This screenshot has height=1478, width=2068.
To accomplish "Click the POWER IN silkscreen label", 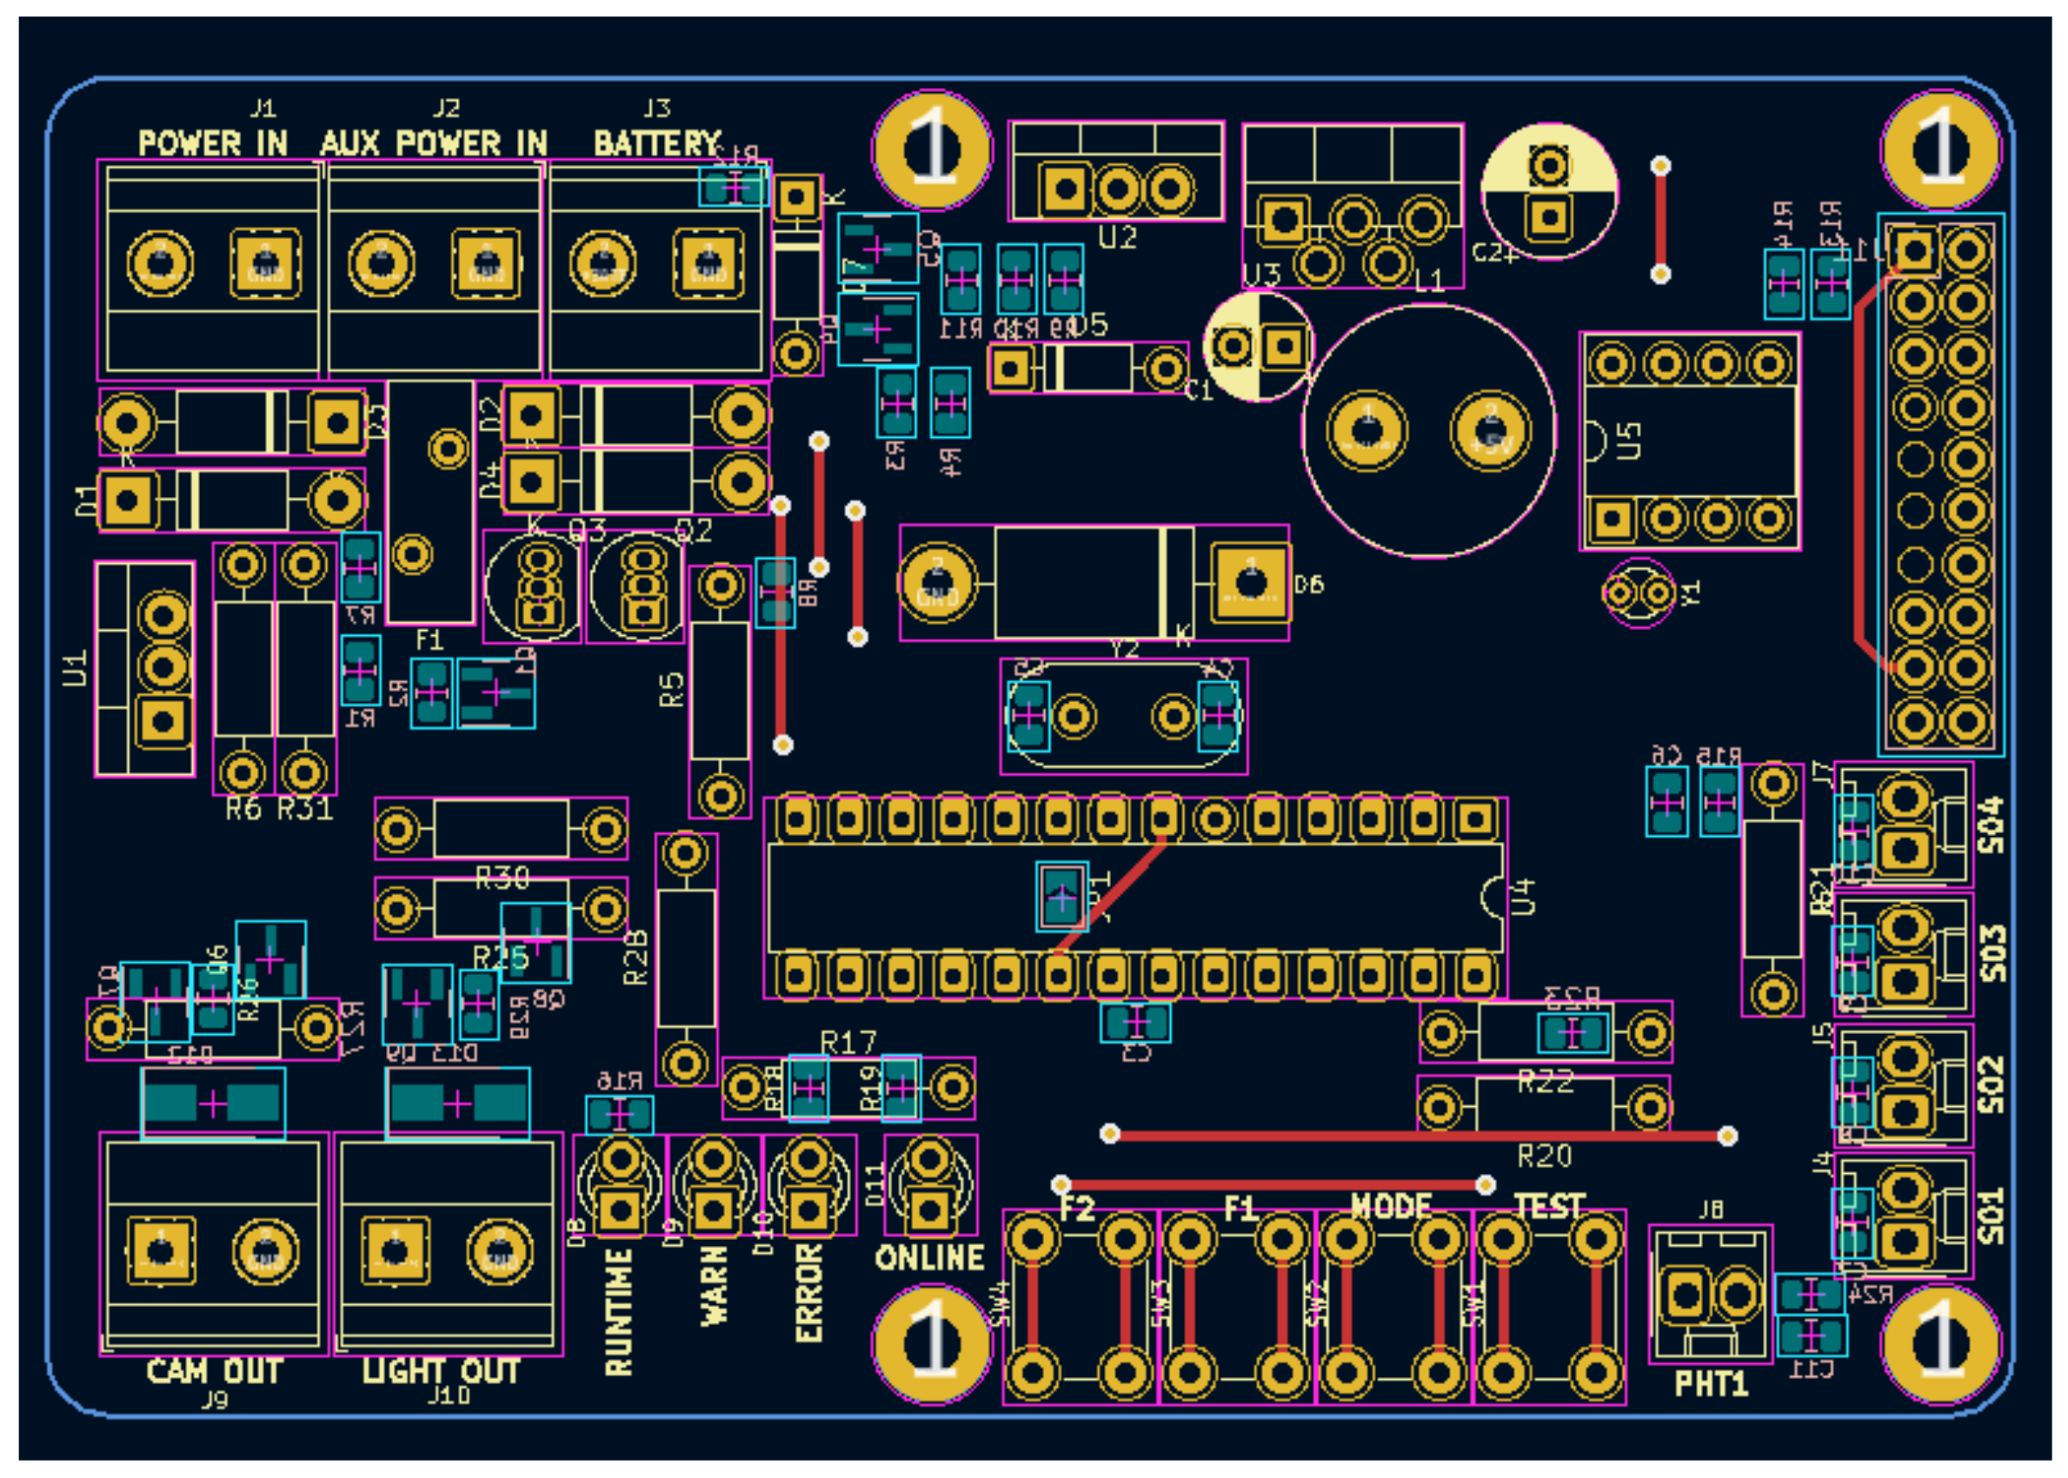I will point(212,142).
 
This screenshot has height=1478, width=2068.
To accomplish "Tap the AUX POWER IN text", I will point(433,142).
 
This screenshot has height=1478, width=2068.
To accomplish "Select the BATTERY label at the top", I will point(656,142).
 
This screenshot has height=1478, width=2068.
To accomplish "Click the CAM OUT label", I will point(214,1370).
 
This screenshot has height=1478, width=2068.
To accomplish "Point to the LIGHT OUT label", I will point(442,1370).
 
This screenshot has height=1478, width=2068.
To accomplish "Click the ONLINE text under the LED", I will point(929,1258).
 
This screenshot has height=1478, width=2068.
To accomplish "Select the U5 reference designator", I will point(1629,441).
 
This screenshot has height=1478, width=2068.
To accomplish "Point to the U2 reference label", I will point(1118,238).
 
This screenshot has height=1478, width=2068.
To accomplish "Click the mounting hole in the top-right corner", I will point(1940,150).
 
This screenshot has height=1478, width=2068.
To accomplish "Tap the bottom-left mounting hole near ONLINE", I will point(931,1343).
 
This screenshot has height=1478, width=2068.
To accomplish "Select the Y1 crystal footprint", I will point(1639,593).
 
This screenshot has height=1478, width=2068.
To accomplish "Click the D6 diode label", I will point(1309,584).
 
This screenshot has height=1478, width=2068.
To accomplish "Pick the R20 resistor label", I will point(1545,1157).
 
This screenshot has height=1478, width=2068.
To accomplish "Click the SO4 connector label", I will point(1992,825).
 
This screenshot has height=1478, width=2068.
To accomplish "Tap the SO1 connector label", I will point(1992,1216).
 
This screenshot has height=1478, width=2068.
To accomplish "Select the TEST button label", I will point(1550,1207).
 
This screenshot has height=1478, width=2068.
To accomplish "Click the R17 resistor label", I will point(848,1043).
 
